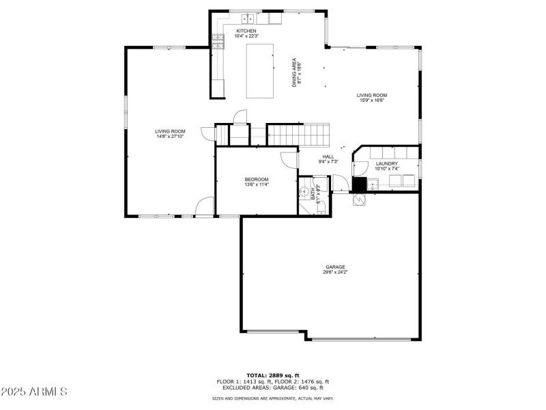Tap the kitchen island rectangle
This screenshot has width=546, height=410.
coord(259,71)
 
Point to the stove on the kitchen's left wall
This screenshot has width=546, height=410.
coord(219,43)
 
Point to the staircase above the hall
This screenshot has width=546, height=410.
coord(298,134)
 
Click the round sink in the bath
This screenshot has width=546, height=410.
coord(304,192)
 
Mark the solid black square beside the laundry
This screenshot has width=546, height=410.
coord(359,184)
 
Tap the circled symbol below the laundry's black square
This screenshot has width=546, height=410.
coord(359,199)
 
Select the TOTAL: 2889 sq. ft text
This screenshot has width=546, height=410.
coord(272,376)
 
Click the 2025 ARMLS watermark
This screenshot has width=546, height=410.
coord(34,392)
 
